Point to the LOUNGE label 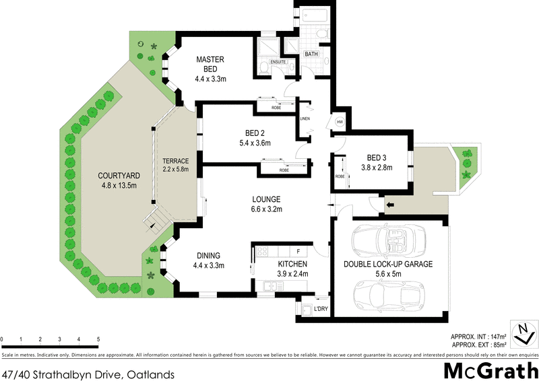tap(267, 199)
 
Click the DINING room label tap(210, 255)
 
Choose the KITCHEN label tap(292, 265)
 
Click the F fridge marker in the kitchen tap(298, 252)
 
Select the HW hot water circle tap(339, 123)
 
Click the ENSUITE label tap(278, 62)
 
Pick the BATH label tap(311, 54)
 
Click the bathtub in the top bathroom tap(312, 13)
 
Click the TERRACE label tap(175, 160)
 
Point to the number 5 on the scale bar tap(98, 339)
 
